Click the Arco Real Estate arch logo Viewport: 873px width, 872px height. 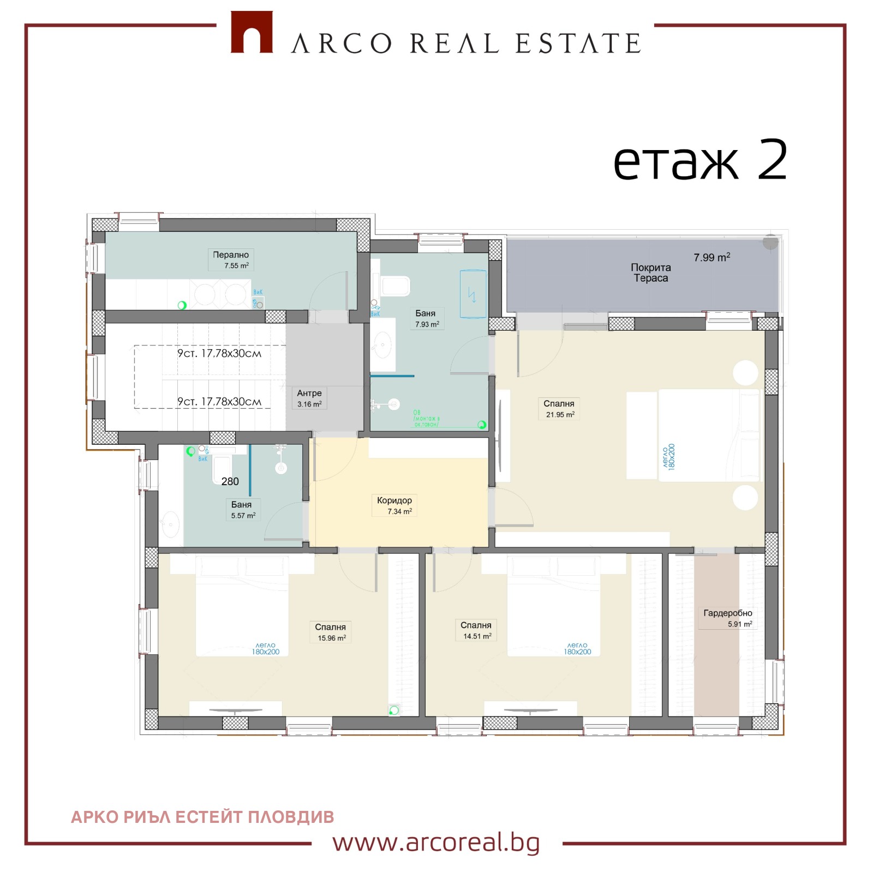pos(252,33)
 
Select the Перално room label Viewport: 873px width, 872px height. pos(231,255)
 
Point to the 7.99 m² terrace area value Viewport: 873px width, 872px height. pos(711,258)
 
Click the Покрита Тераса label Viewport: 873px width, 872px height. pos(650,273)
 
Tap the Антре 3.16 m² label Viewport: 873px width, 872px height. pos(309,398)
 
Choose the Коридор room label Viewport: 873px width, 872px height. pos(394,500)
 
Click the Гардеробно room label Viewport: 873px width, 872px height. pos(727,613)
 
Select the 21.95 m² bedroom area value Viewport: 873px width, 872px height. pos(560,415)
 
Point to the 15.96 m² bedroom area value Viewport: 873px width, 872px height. pos(332,638)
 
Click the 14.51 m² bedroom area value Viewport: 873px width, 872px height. pos(477,636)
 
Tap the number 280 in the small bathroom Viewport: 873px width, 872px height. pos(230,481)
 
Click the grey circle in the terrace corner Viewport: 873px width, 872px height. pos(770,242)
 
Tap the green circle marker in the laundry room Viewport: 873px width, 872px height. pos(182,306)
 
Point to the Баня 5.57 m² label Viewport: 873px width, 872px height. pos(242,510)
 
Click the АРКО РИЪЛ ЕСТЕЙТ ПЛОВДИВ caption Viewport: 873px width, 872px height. pos(202,817)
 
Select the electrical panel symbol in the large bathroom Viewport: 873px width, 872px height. pos(473,294)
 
